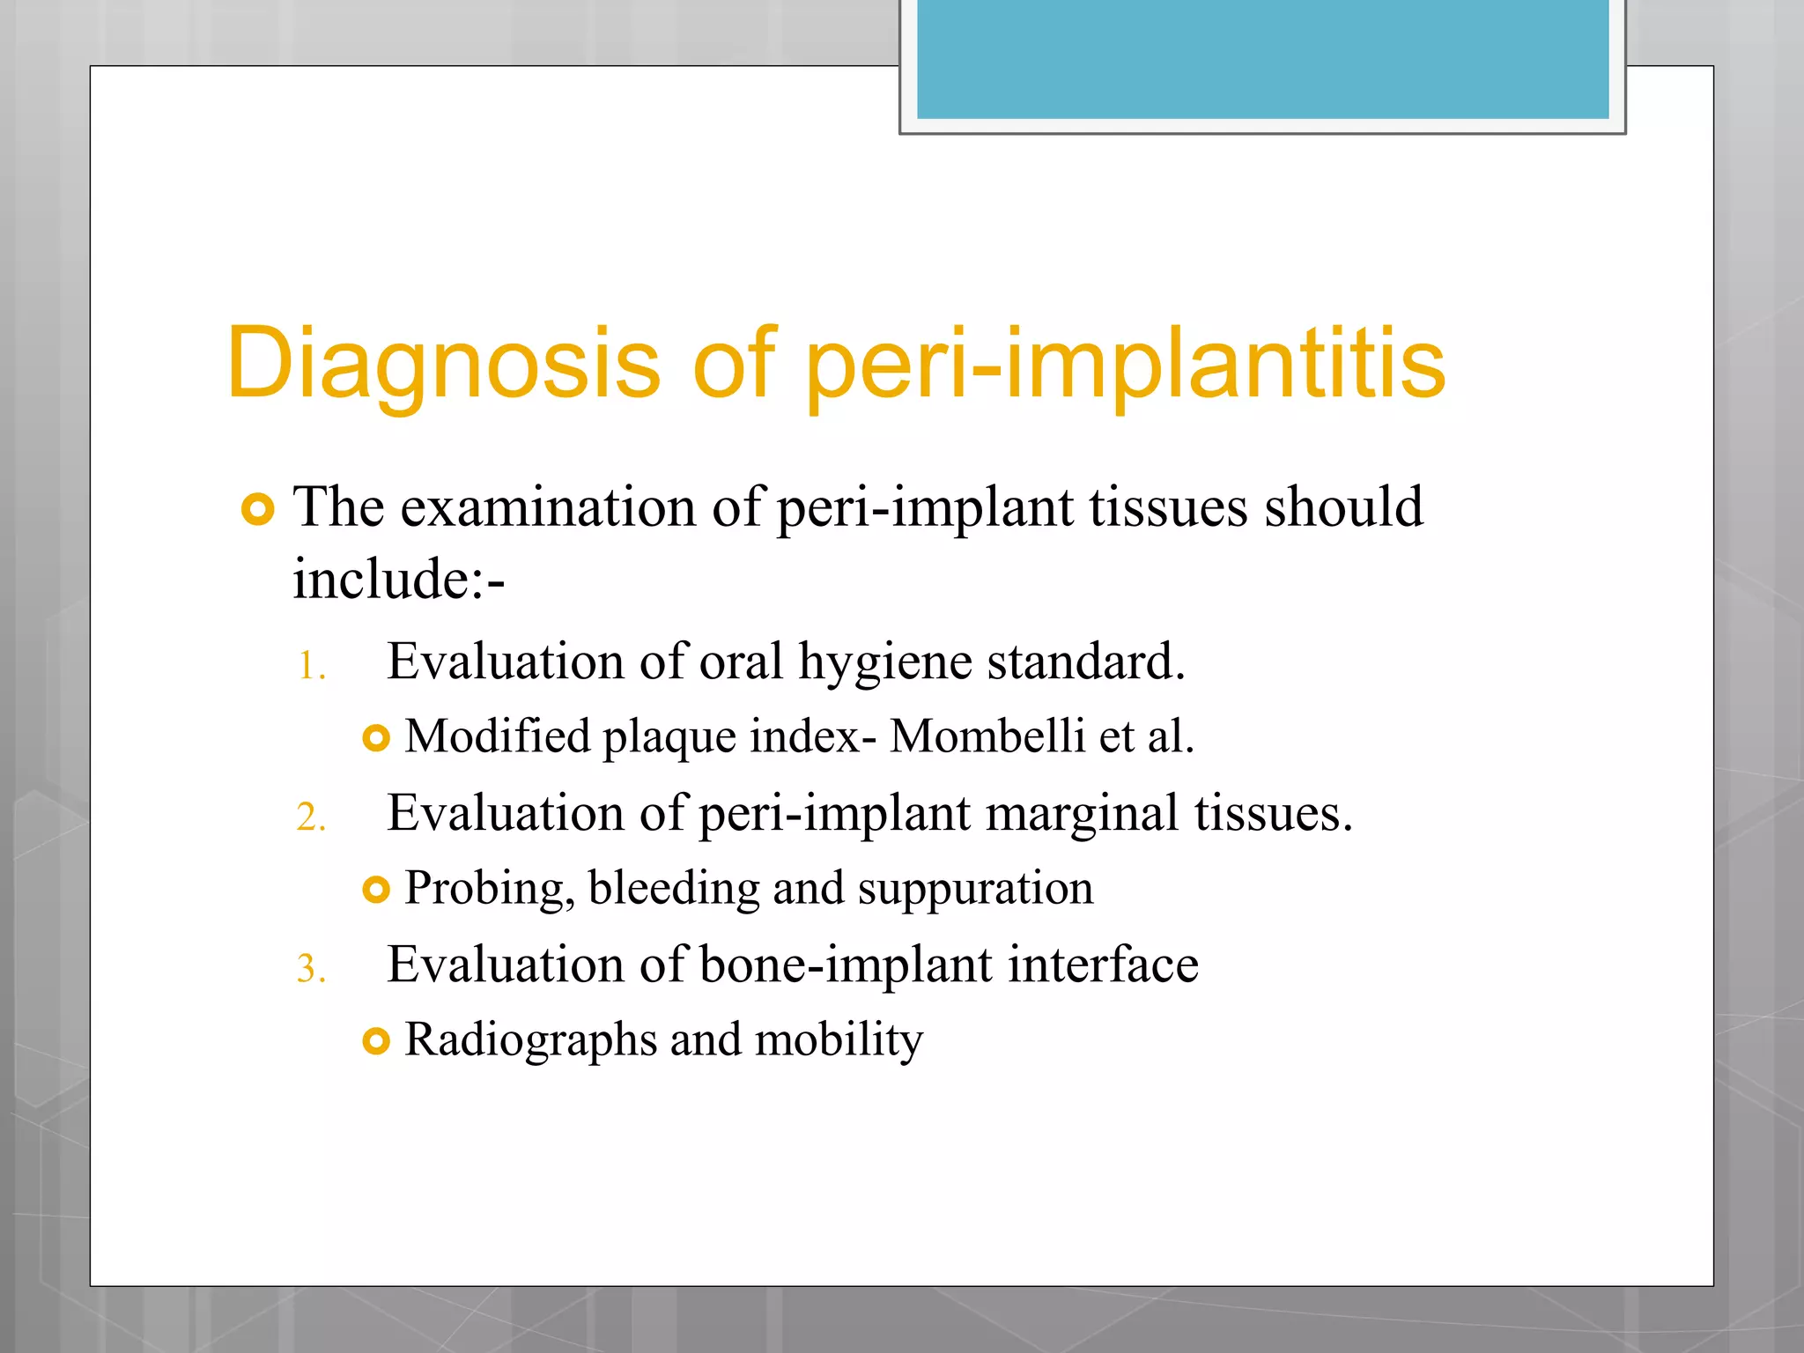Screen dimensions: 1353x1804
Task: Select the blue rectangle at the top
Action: point(1262,58)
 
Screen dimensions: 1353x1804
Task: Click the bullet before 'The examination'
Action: point(257,509)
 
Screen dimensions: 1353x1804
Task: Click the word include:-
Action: point(398,580)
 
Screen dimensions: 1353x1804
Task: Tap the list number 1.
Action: point(311,667)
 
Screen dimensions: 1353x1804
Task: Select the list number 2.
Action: point(311,818)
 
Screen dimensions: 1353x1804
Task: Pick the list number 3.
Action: point(311,970)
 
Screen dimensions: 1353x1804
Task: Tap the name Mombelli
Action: point(987,736)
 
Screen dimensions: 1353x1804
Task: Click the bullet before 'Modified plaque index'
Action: point(375,738)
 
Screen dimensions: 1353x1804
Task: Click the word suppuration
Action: point(975,889)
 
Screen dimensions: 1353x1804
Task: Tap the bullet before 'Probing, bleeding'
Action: point(375,890)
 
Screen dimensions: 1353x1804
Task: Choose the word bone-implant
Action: point(846,965)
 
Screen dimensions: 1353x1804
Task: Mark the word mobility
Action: point(839,1040)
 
